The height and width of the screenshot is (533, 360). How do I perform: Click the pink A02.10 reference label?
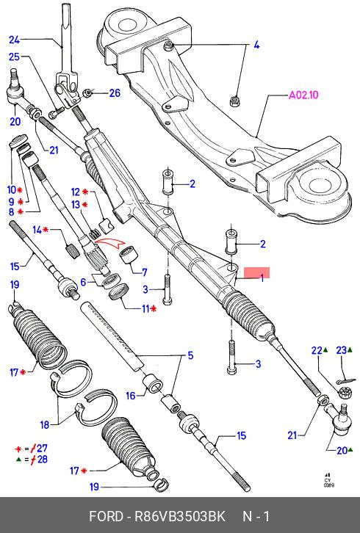coord(303,95)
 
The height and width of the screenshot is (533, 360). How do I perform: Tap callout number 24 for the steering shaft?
coord(14,40)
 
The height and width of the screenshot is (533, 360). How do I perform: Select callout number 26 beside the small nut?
coord(115,93)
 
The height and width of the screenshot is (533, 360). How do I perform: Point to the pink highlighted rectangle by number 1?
coord(257,272)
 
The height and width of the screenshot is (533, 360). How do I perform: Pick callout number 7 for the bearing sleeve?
coord(145,272)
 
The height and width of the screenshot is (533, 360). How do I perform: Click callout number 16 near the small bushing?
coord(131,396)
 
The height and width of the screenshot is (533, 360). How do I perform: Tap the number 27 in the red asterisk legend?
coord(42,449)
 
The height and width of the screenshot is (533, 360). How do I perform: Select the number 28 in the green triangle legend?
coord(42,460)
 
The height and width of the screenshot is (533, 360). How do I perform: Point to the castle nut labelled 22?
coord(345,393)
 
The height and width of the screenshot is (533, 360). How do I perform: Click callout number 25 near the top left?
coord(14,57)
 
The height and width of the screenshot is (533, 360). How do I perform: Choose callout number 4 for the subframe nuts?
coord(256,45)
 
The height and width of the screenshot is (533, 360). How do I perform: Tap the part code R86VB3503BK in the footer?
coord(180,516)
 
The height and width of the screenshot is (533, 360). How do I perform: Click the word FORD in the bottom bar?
coord(106,516)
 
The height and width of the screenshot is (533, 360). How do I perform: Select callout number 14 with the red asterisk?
coord(37,230)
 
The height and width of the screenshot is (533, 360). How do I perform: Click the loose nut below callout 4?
coord(234,101)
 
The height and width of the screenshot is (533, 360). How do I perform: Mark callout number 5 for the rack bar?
coord(190,355)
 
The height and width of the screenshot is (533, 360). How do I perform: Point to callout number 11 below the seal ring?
coord(145,308)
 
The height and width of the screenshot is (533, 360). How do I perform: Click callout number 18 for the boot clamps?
coord(45,424)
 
